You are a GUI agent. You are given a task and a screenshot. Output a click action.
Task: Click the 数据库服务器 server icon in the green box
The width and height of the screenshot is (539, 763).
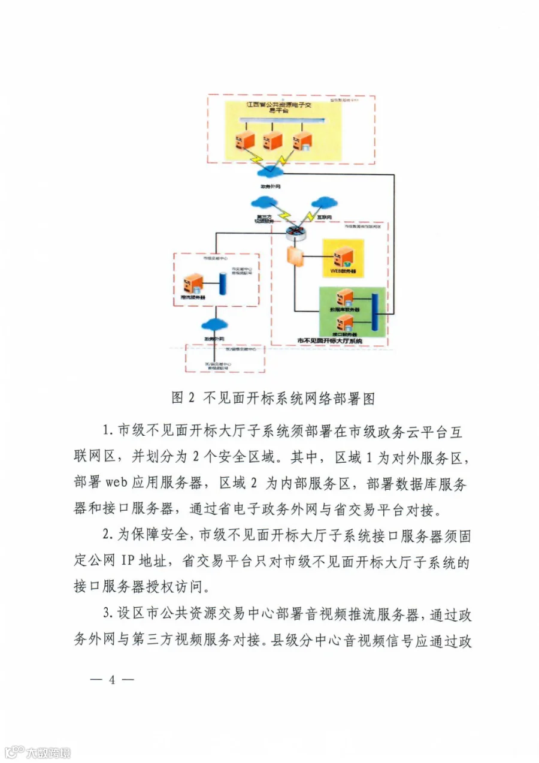tap(345, 297)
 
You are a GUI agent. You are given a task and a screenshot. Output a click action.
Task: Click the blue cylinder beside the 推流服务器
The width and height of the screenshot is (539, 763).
tap(225, 283)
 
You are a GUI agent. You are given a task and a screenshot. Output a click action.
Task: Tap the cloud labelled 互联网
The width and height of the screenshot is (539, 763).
tap(324, 201)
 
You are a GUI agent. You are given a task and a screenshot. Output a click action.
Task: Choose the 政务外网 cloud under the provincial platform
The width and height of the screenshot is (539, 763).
tap(268, 172)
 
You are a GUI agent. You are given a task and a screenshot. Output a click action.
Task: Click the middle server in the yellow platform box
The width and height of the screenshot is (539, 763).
tap(272, 141)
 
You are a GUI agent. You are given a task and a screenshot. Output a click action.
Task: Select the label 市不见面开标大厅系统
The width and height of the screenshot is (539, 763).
tap(330, 341)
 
